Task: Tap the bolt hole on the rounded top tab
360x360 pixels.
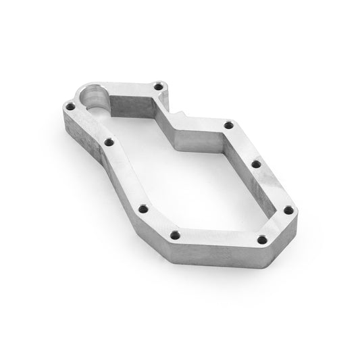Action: (x=159, y=86)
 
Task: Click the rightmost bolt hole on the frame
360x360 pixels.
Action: (x=290, y=211)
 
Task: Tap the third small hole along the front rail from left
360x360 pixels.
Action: (x=142, y=209)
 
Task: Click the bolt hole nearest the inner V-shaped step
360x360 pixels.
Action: (x=228, y=125)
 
